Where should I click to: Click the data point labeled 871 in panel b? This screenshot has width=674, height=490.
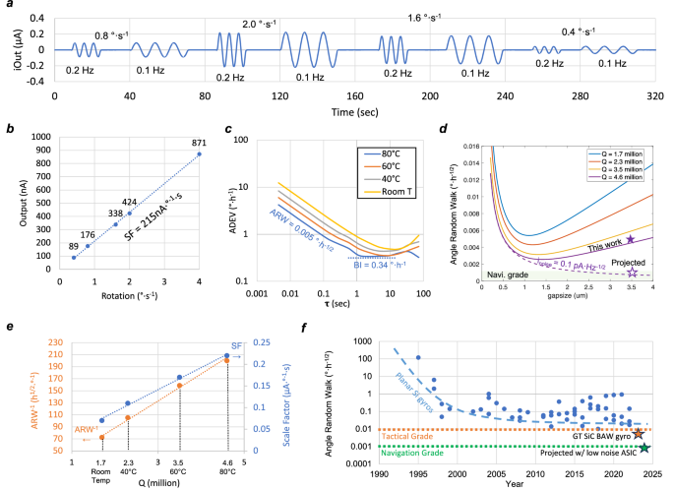tap(200, 153)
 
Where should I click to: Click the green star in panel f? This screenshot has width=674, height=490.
tap(644, 448)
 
